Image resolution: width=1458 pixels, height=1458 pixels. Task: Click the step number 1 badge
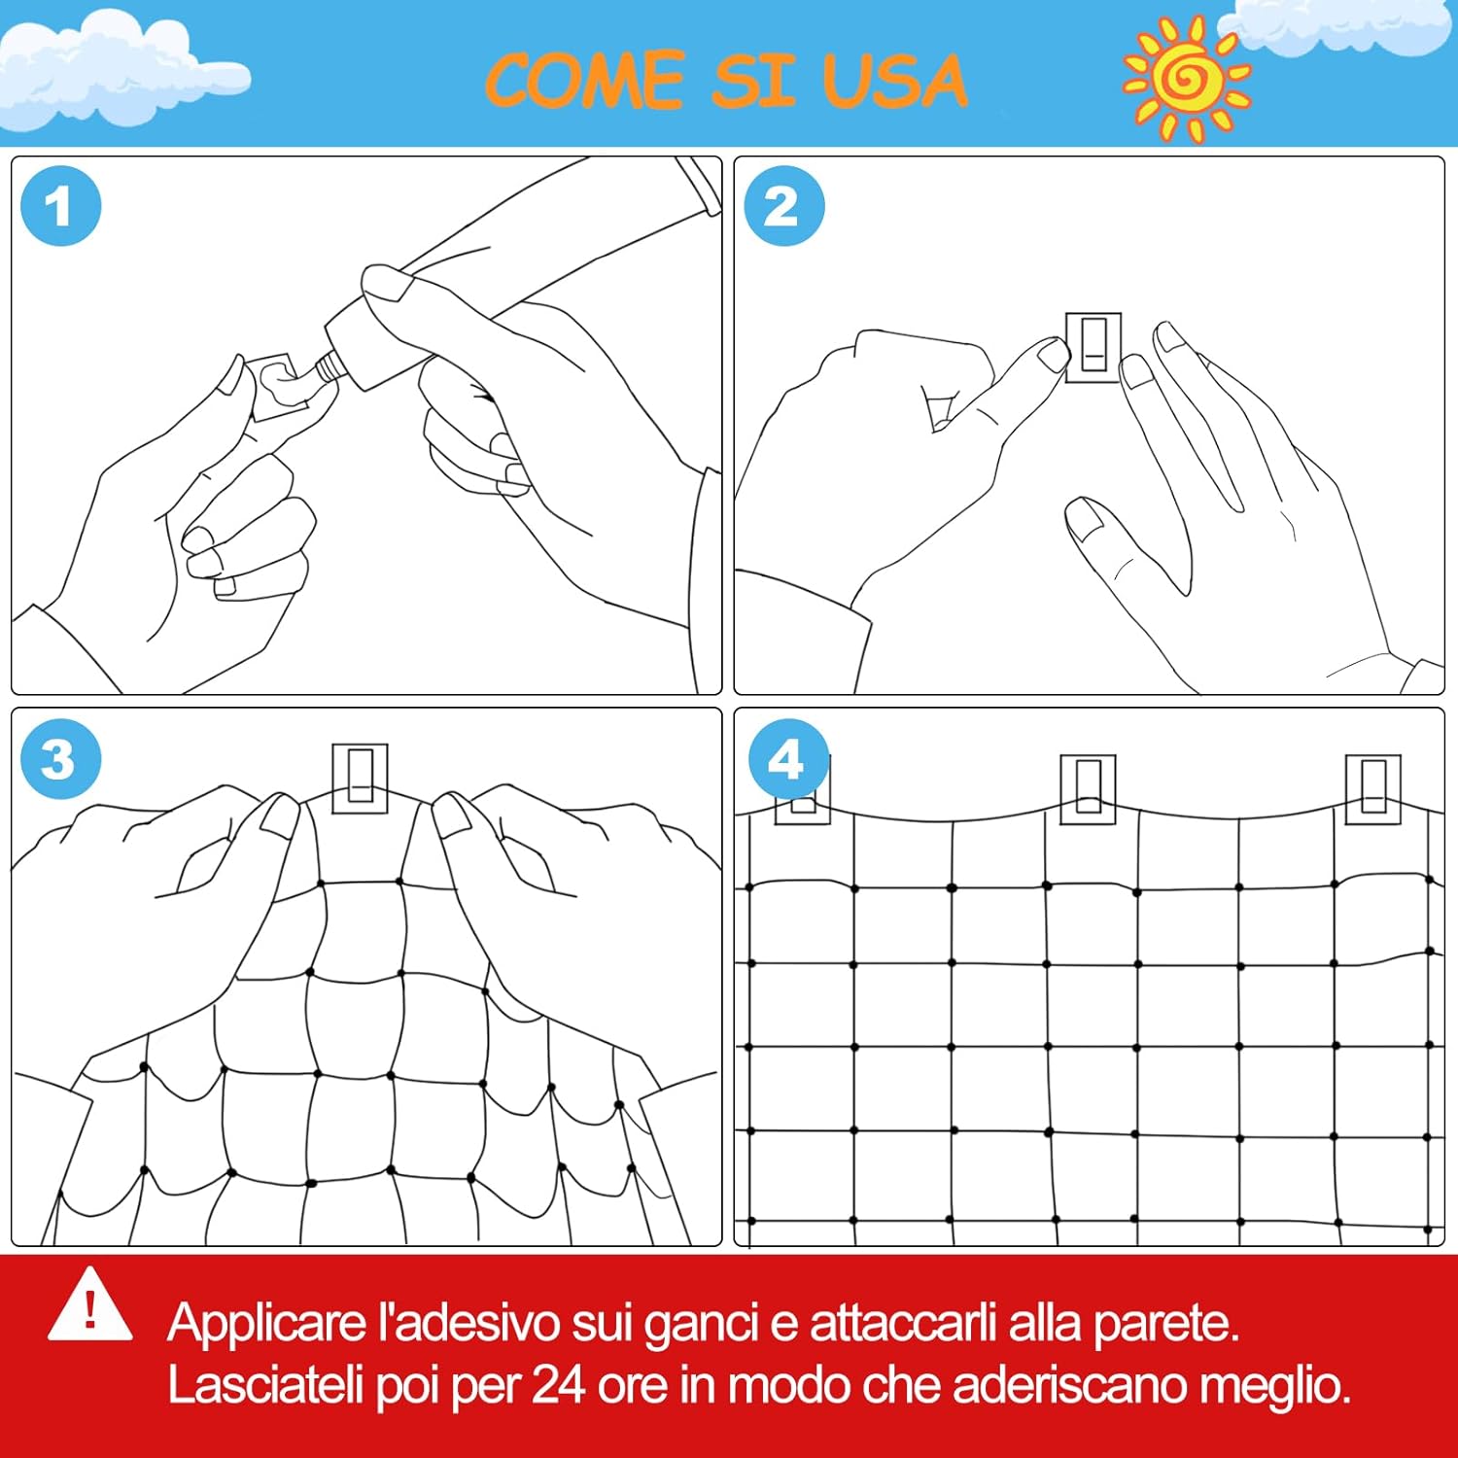pos(60,206)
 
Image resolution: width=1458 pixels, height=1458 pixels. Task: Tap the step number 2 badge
pos(783,206)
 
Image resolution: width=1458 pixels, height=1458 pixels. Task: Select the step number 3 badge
pos(60,759)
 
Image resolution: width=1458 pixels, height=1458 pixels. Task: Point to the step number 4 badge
pos(787,759)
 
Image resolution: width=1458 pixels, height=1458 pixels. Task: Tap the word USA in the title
pos(895,80)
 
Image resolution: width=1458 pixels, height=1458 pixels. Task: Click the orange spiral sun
pos(1187,78)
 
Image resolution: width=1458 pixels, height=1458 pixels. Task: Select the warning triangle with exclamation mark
pos(90,1304)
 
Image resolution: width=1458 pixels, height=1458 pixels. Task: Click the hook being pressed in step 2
pos(1093,347)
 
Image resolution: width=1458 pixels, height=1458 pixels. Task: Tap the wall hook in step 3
pos(360,779)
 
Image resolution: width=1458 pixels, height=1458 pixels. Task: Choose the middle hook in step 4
pos(1088,788)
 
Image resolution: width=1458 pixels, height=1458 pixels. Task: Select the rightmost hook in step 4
pos(1372,788)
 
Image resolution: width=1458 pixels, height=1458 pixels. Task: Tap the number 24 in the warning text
pos(558,1385)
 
